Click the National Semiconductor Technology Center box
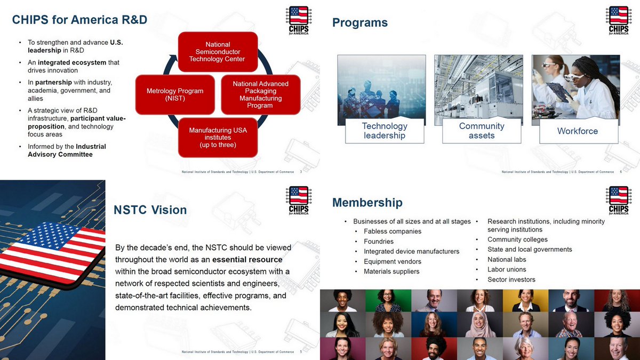pyautogui.click(x=218, y=52)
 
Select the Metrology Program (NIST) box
pyautogui.click(x=175, y=95)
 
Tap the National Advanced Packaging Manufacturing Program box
pyautogui.click(x=260, y=94)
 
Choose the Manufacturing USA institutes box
pyautogui.click(x=218, y=138)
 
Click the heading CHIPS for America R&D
pyautogui.click(x=79, y=20)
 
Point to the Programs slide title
pyautogui.click(x=360, y=22)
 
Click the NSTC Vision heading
pyautogui.click(x=150, y=210)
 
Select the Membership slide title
pyautogui.click(x=367, y=202)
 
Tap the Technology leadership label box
pyautogui.click(x=385, y=131)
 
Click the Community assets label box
pyautogui.click(x=482, y=131)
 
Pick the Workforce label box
pyautogui.click(x=578, y=131)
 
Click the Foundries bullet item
pyautogui.click(x=379, y=242)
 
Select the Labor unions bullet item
pyautogui.click(x=507, y=269)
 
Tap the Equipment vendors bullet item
pyautogui.click(x=393, y=261)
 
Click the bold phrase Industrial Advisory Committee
pyautogui.click(x=67, y=150)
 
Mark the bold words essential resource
pyautogui.click(x=247, y=260)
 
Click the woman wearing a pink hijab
pyautogui.click(x=480, y=324)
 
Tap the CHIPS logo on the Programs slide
pyautogui.click(x=618, y=20)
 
